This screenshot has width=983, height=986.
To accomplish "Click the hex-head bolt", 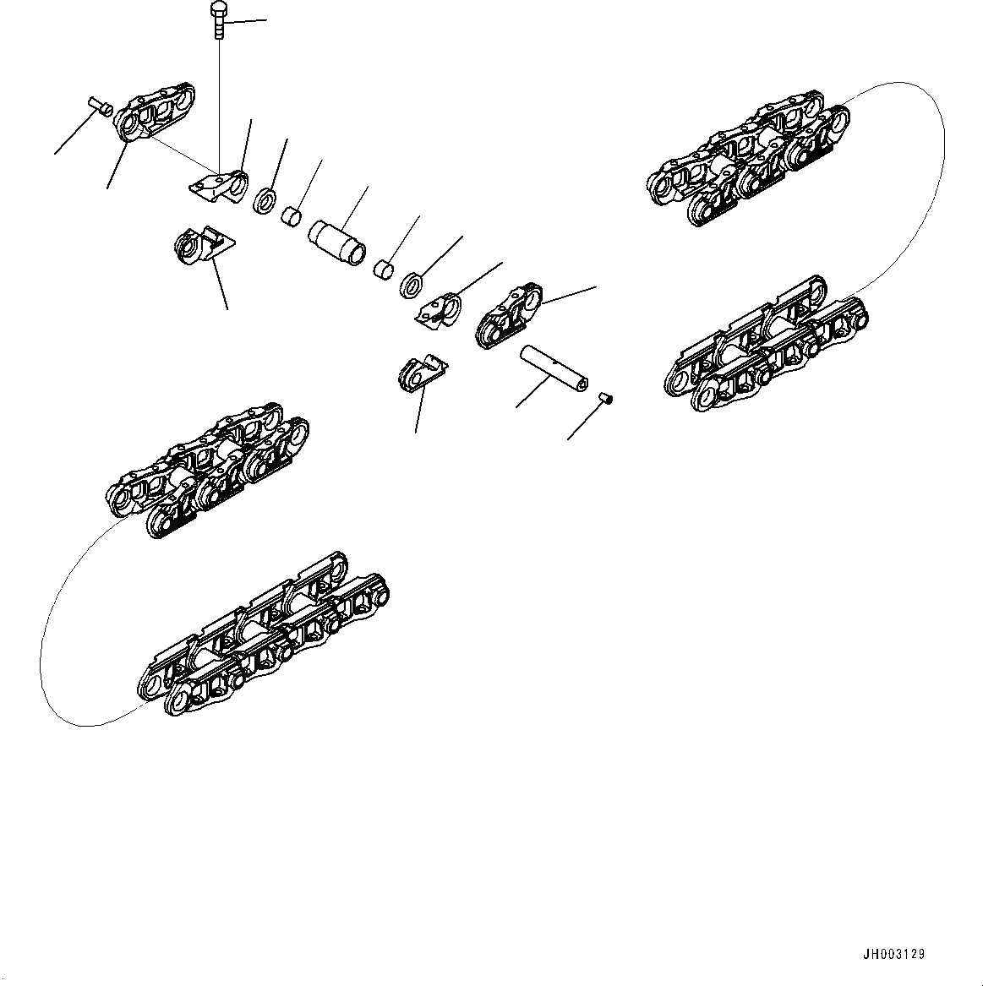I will point(218,19).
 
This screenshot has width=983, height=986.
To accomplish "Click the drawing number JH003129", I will point(893,954).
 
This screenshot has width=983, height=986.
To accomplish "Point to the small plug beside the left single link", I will point(100,106).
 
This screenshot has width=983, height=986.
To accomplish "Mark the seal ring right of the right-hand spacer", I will point(411,285).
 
